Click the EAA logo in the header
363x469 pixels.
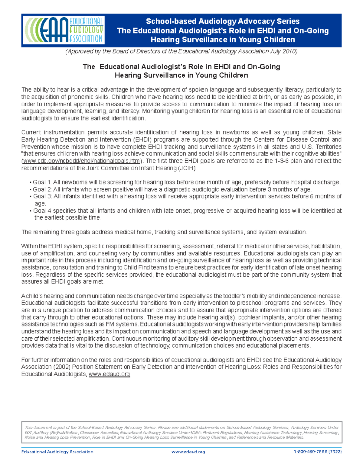coord(64,30)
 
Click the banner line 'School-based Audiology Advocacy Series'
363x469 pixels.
coord(223,21)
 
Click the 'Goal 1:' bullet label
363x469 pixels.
coord(42,182)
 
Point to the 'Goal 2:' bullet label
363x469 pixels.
coord(42,190)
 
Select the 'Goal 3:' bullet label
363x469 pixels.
coord(42,197)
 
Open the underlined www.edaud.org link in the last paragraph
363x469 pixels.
coord(109,374)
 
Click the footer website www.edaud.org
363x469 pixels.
coord(188,452)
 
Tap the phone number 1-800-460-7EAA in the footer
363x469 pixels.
coord(317,452)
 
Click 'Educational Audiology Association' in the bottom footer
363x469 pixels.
coord(57,452)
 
